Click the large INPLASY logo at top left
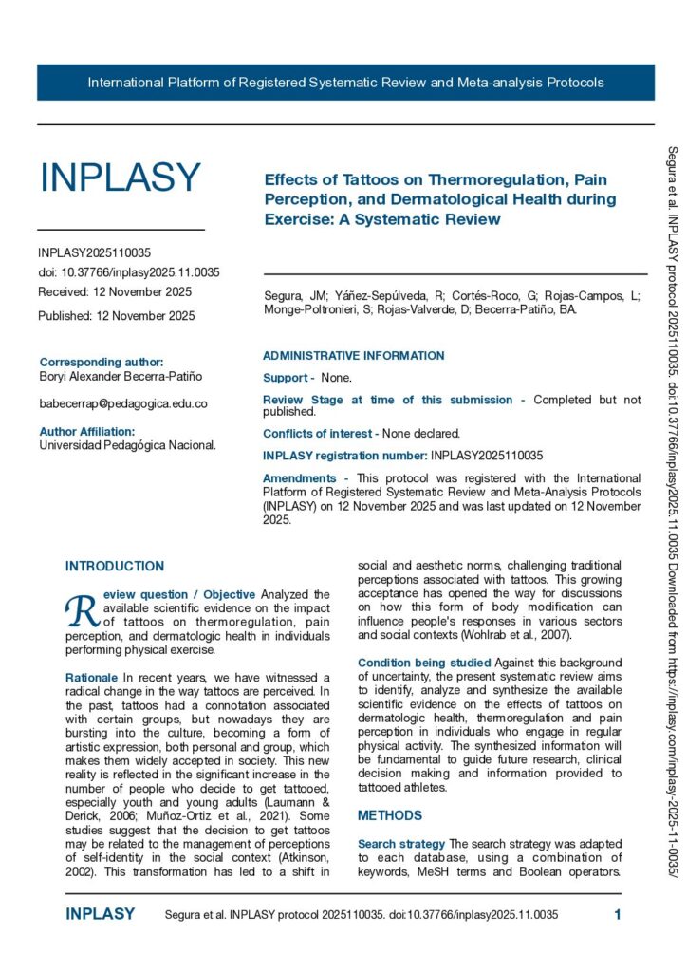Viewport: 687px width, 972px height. (120, 178)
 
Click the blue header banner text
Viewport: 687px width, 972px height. (345, 83)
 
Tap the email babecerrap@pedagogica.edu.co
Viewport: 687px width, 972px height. (122, 403)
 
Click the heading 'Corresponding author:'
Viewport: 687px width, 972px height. (102, 362)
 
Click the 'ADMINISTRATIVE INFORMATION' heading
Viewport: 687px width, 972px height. (353, 356)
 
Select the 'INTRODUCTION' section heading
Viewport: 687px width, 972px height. (114, 567)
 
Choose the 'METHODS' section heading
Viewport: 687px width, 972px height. (389, 815)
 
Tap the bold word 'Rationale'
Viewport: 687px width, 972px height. (92, 678)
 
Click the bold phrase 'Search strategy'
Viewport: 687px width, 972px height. (400, 844)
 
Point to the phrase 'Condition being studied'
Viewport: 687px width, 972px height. (423, 663)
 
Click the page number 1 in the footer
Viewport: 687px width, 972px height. (617, 915)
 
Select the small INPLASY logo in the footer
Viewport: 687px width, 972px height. (100, 915)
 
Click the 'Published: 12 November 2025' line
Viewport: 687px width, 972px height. (116, 316)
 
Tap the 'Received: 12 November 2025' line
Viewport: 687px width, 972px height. (115, 291)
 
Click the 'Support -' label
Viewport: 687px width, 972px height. (288, 378)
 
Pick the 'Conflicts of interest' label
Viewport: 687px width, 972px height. (319, 434)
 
